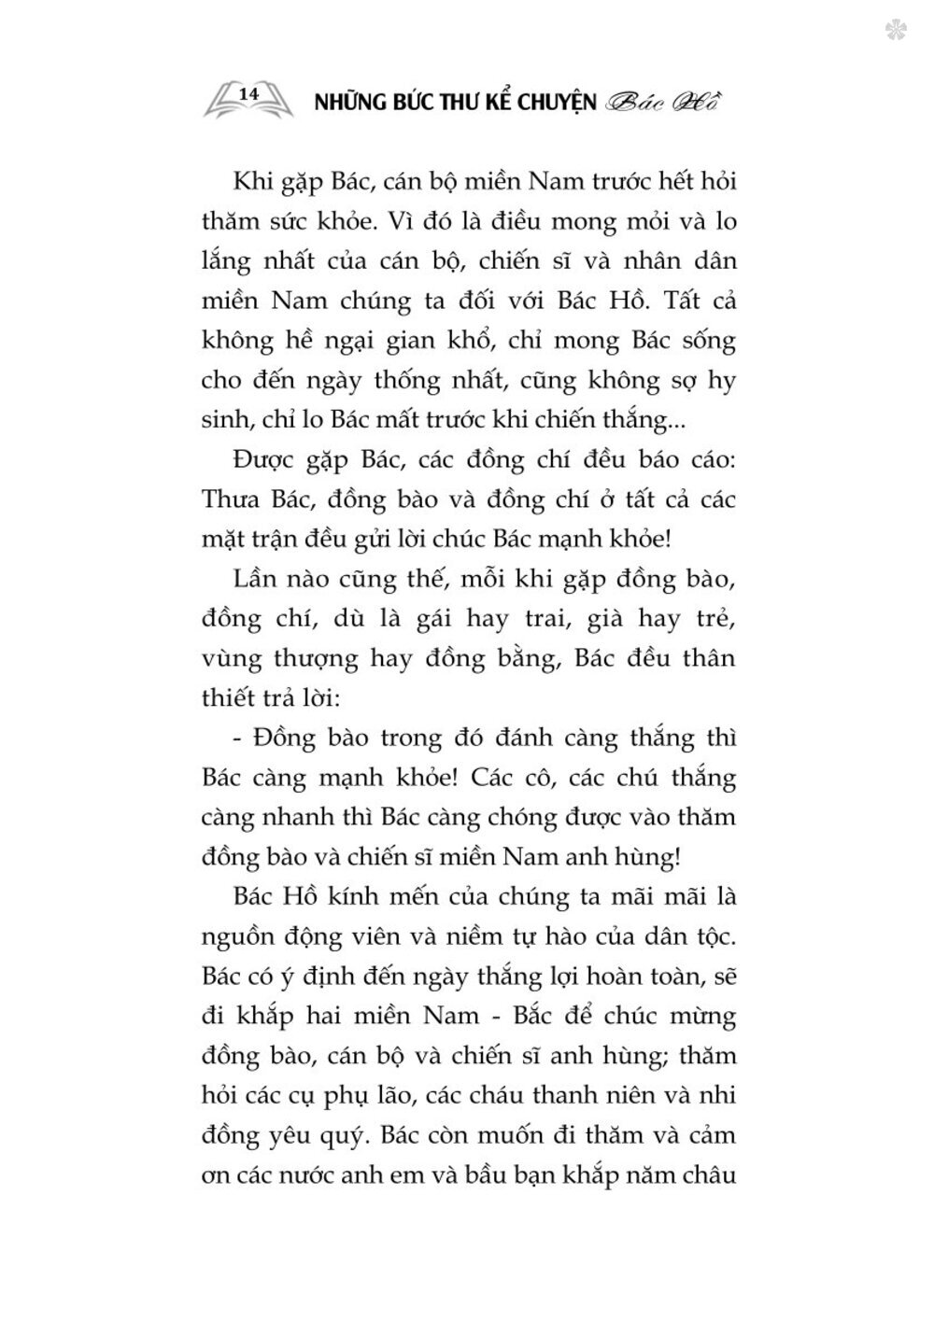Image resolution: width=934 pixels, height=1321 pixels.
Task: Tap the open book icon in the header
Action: coord(248,99)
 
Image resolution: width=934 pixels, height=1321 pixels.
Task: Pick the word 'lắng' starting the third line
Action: coord(226,262)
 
